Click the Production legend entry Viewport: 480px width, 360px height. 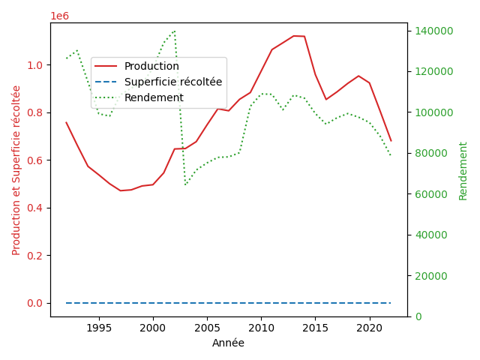coord(151,66)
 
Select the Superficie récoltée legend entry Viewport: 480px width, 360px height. coord(173,82)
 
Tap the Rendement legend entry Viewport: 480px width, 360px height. coord(154,97)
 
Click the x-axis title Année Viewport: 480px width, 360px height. coord(228,343)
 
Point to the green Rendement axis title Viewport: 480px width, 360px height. coord(463,169)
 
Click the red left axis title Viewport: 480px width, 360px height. coord(16,169)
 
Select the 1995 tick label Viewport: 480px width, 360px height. coord(99,328)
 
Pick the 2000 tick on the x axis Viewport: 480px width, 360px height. coord(153,328)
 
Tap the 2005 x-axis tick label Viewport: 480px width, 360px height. coord(207,328)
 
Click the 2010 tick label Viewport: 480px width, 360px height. coord(261,328)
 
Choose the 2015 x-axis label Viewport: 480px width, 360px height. coord(315,328)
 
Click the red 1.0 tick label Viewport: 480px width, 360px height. coord(36,65)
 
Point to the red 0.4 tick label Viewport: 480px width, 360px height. coord(36,208)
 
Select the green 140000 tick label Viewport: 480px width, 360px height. coord(430,31)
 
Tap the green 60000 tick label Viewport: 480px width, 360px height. coord(428,194)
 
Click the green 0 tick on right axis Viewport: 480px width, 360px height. coord(416,316)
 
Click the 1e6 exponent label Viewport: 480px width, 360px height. coord(60,16)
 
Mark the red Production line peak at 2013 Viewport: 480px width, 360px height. coord(293,36)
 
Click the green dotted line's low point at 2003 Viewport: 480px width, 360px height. coord(185,184)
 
